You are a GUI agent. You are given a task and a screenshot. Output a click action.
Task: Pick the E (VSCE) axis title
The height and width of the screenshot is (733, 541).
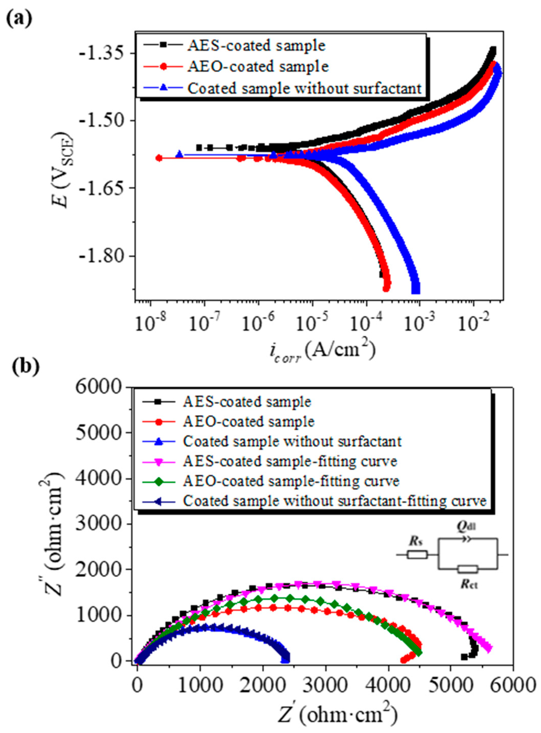tap(64, 170)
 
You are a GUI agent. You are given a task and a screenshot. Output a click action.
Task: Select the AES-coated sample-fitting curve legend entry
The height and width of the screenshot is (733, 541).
tap(290, 461)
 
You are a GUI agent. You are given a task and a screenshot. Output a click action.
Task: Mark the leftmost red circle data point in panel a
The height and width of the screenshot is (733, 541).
tap(159, 158)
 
